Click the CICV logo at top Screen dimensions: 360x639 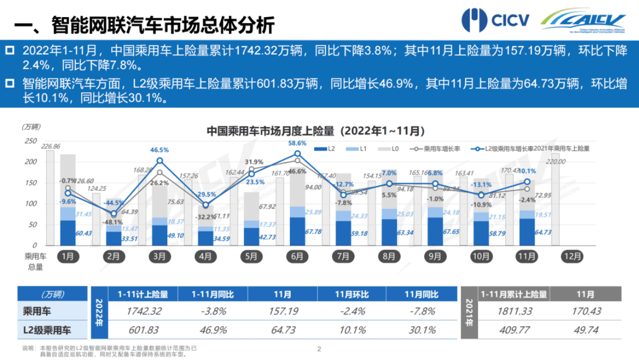tap(495, 20)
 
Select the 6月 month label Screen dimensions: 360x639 tap(297, 256)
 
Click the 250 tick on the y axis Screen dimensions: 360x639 tap(31, 141)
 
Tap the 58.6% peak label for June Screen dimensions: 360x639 tap(297, 143)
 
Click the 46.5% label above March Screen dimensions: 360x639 tap(159, 150)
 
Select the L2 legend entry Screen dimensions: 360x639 tap(331, 149)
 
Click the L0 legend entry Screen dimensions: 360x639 tap(393, 149)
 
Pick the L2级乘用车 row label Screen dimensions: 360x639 tap(48, 330)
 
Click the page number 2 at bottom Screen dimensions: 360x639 tap(319, 349)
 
